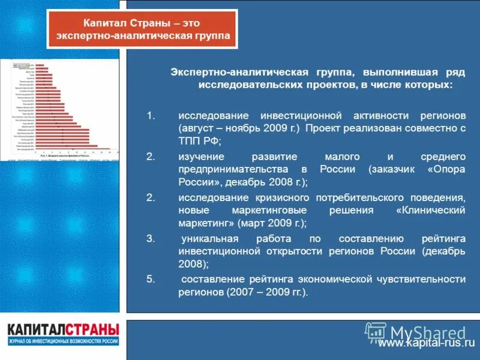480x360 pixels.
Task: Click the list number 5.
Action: (151, 279)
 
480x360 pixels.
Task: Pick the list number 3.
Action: (151, 238)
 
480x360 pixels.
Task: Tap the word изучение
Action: (201, 156)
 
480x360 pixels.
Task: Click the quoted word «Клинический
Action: (431, 211)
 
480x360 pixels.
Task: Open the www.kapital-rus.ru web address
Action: (426, 344)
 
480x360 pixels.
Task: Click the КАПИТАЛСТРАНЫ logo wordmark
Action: (63, 330)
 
